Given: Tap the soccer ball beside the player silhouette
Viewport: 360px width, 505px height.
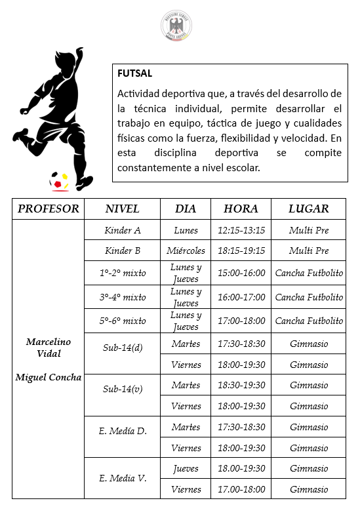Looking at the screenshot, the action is coord(59,180).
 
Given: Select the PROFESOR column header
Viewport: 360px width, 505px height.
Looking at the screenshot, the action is coord(49,209).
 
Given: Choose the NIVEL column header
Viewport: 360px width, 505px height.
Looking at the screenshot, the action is coord(123,209).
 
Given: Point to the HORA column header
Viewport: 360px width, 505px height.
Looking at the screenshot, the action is coord(241,209).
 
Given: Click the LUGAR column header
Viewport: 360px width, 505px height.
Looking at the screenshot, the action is coord(308,209).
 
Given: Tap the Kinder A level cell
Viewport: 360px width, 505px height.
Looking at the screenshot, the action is coord(123,230).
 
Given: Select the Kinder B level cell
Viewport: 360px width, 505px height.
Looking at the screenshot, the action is coord(123,251).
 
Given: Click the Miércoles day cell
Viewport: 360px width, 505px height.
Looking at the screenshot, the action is coord(186,251).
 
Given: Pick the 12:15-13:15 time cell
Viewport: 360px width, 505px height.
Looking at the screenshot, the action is coord(241,230).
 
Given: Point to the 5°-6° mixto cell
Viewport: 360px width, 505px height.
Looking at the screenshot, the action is coord(123,321).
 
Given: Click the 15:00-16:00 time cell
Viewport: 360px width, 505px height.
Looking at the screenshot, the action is coord(241,273).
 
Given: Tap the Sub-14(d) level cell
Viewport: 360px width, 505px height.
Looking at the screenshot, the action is coord(123,347).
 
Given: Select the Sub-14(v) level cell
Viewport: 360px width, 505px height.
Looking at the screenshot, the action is coord(123,389).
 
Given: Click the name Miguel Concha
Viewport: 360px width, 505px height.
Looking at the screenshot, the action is coord(49,377).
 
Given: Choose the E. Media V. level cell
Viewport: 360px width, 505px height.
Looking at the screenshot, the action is coord(123,478).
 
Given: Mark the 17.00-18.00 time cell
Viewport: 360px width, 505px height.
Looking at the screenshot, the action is coord(241,489).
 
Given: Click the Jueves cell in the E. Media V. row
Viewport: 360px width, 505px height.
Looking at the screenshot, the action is coord(186,468).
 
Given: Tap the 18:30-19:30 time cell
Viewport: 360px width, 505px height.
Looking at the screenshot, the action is coord(241,385).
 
